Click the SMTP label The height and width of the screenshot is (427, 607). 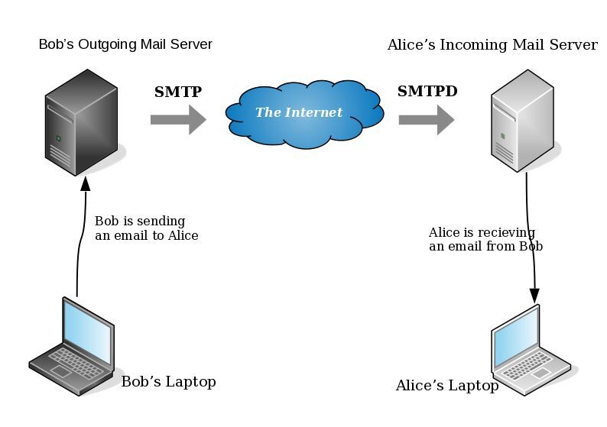pos(178,92)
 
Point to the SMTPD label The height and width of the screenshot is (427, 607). pos(427,92)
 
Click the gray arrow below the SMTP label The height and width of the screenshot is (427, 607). pos(178,119)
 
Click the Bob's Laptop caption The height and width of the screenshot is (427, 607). pos(168,382)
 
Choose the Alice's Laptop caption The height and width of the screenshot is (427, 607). pos(446,386)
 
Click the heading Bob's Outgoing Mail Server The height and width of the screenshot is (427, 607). pos(125,44)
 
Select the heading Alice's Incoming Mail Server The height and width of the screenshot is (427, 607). pos(492,45)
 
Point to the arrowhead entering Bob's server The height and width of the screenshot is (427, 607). pos(85,183)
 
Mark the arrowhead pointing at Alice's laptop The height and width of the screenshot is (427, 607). pos(534,295)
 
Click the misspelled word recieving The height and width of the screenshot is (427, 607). pos(511,233)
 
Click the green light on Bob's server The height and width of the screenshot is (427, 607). pos(57,138)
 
